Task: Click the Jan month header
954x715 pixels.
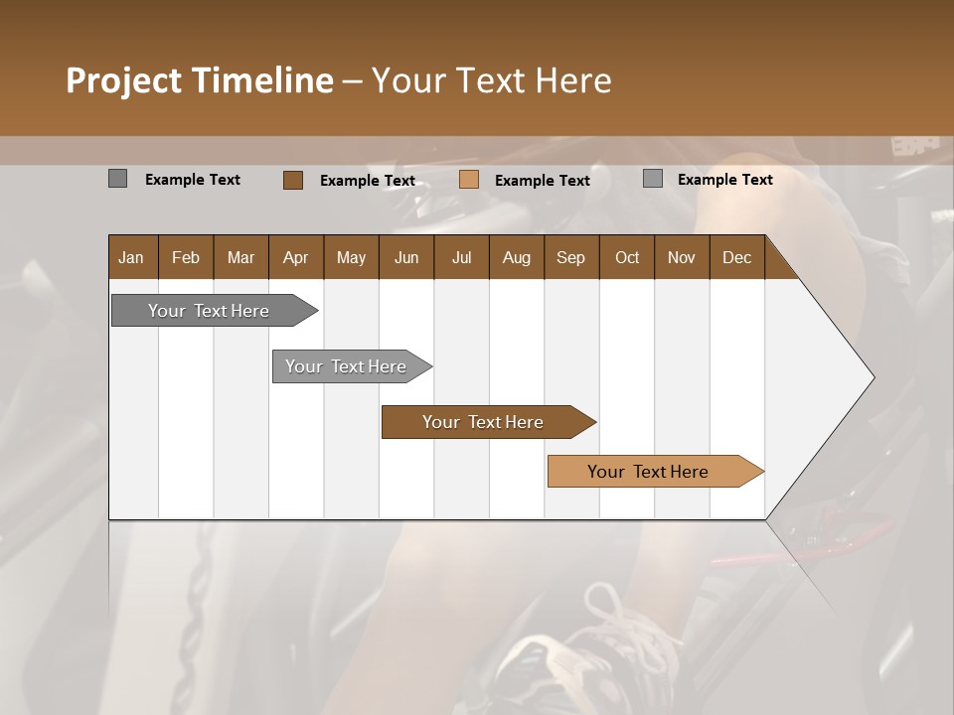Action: (x=131, y=257)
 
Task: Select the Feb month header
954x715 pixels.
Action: (x=186, y=257)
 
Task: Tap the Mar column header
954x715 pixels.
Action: (x=240, y=257)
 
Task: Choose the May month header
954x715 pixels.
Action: (x=351, y=257)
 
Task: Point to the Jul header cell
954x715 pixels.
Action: (x=461, y=257)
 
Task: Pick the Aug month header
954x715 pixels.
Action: (x=516, y=257)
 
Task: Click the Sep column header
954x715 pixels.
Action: (x=570, y=257)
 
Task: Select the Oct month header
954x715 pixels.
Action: (x=627, y=257)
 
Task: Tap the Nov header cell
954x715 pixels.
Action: (x=681, y=257)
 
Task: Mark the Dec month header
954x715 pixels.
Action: (x=736, y=257)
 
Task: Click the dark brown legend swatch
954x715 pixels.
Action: (x=293, y=180)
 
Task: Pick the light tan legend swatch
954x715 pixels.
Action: (x=469, y=180)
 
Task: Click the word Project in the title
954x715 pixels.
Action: (x=123, y=80)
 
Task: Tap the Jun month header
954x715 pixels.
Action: (x=406, y=257)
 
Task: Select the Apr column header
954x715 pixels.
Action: (x=295, y=257)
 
